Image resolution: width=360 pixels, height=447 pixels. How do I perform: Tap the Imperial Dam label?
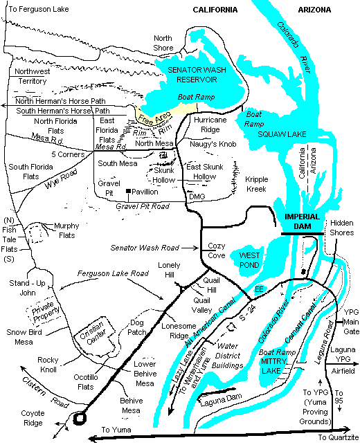(x=302, y=217)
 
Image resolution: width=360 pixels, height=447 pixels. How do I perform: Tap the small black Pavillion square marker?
(x=128, y=191)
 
